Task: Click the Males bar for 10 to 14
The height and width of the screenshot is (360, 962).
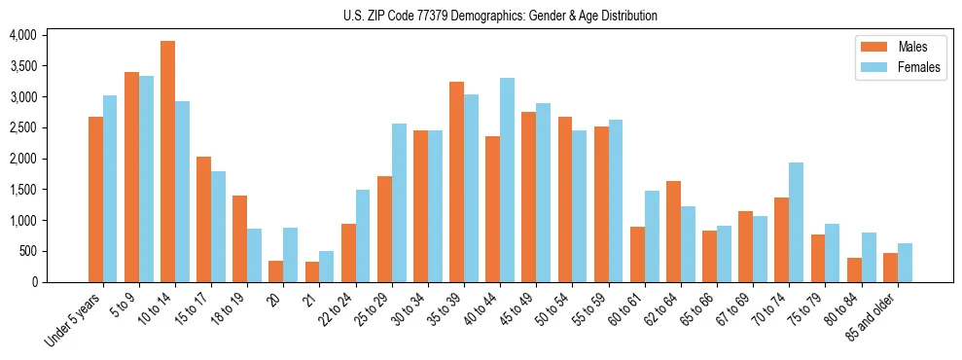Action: [x=167, y=162]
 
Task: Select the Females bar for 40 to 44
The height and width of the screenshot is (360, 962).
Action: [x=507, y=180]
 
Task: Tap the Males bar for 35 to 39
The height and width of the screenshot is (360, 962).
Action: [x=456, y=182]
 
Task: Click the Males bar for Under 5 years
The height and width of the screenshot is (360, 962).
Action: [x=95, y=199]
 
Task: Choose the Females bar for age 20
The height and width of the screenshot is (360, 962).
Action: [x=290, y=255]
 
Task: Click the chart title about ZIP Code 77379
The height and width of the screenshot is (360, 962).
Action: [x=500, y=16]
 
